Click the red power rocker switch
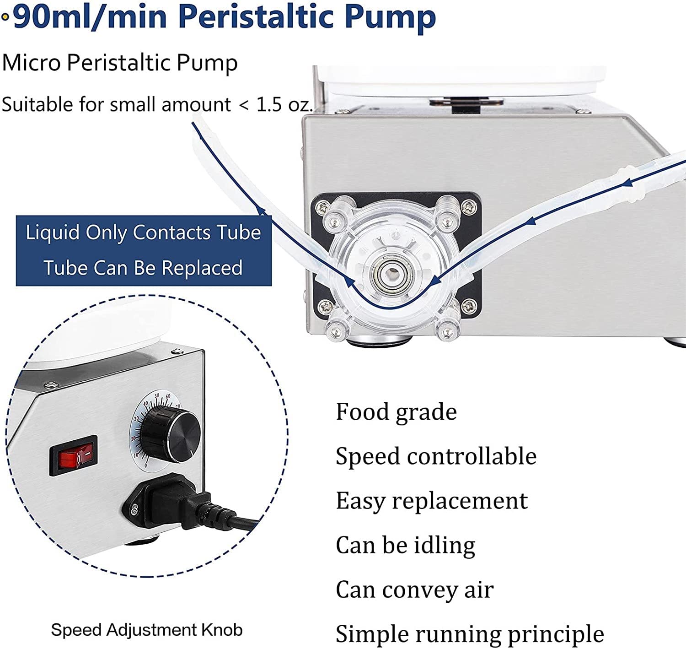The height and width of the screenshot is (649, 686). coord(74,455)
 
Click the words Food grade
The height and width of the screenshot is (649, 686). coord(396,412)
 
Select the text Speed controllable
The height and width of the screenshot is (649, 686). coord(436,456)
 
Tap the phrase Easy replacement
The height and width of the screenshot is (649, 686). coord(432,500)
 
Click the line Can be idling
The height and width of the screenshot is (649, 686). coord(405,545)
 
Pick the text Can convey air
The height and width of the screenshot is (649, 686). coord(414,590)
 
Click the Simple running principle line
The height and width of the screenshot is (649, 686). coord(470,634)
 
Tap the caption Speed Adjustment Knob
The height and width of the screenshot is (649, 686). coord(146,630)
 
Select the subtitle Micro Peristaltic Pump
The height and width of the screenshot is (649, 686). coord(120,63)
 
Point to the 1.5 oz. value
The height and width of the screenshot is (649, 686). coord(284,105)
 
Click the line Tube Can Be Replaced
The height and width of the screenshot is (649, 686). coord(143,268)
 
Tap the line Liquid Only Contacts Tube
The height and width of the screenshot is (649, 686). coord(143,233)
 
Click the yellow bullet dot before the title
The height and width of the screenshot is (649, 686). coord(5,17)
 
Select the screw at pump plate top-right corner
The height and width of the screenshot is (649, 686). coord(468,207)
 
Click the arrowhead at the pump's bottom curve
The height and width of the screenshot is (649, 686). coord(352,284)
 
